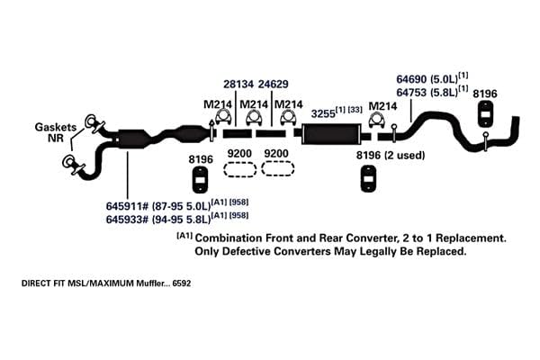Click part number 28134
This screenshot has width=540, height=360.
238,84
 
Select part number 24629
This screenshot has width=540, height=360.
273,84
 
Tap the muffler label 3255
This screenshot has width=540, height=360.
323,113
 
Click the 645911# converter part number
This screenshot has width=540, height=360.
127,206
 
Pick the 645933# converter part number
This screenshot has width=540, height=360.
127,219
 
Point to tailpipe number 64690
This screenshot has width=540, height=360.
411,79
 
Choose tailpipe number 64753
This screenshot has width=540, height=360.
411,93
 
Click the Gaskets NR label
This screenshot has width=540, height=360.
56,132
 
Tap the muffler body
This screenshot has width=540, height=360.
331,134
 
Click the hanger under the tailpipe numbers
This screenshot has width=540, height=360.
486,114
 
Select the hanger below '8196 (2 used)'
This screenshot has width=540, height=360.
368,178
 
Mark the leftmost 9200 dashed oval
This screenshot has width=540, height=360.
239,169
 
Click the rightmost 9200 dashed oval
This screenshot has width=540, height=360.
277,168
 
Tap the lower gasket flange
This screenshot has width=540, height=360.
71,164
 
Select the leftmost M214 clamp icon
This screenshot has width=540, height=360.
223,118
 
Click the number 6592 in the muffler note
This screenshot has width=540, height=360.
182,283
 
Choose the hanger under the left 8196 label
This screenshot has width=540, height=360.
200,179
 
